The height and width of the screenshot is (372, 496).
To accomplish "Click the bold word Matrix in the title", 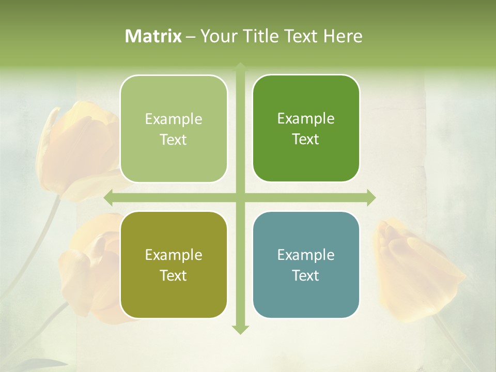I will (x=153, y=36).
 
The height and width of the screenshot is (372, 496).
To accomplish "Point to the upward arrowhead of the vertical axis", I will (x=240, y=67).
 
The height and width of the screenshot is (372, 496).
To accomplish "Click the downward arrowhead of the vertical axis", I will (x=240, y=330).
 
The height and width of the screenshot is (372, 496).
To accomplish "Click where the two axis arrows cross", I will (x=240, y=197).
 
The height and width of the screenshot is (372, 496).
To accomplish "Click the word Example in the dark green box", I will (x=306, y=119).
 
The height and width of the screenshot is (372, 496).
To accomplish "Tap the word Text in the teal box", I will (x=306, y=276).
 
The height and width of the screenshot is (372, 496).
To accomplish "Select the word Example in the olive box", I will (x=174, y=255).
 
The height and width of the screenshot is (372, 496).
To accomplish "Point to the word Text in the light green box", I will (x=174, y=140).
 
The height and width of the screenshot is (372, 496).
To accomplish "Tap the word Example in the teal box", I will (x=306, y=255).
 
